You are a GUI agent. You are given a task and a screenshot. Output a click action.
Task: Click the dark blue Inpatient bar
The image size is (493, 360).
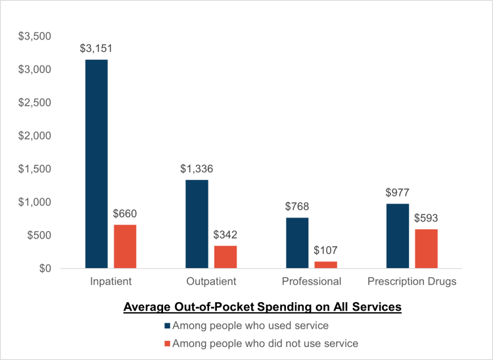97,164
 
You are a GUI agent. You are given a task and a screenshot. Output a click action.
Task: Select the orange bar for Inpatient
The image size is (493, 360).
125,246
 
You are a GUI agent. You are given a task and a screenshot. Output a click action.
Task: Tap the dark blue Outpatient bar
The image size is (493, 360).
197,224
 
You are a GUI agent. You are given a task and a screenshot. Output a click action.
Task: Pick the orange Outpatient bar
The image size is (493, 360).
225,257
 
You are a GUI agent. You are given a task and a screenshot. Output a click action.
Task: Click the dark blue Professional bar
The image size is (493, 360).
297,242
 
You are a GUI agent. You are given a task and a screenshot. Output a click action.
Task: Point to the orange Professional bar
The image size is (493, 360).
325,265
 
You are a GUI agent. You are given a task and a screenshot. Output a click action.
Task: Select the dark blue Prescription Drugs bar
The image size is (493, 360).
398,236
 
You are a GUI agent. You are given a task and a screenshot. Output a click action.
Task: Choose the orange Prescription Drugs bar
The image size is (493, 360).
426,248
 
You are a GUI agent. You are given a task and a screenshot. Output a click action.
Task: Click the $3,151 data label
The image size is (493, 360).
96,49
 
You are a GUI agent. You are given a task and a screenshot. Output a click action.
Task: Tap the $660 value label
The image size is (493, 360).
125,214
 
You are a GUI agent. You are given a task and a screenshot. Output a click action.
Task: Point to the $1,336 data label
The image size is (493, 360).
197,169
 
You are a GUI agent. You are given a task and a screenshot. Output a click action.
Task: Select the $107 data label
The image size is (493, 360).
325,250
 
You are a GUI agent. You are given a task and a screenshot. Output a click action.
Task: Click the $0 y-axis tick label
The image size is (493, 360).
44,269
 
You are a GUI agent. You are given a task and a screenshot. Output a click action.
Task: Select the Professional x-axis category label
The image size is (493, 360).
312,282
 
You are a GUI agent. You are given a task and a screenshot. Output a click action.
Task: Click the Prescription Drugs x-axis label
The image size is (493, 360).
412,282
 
